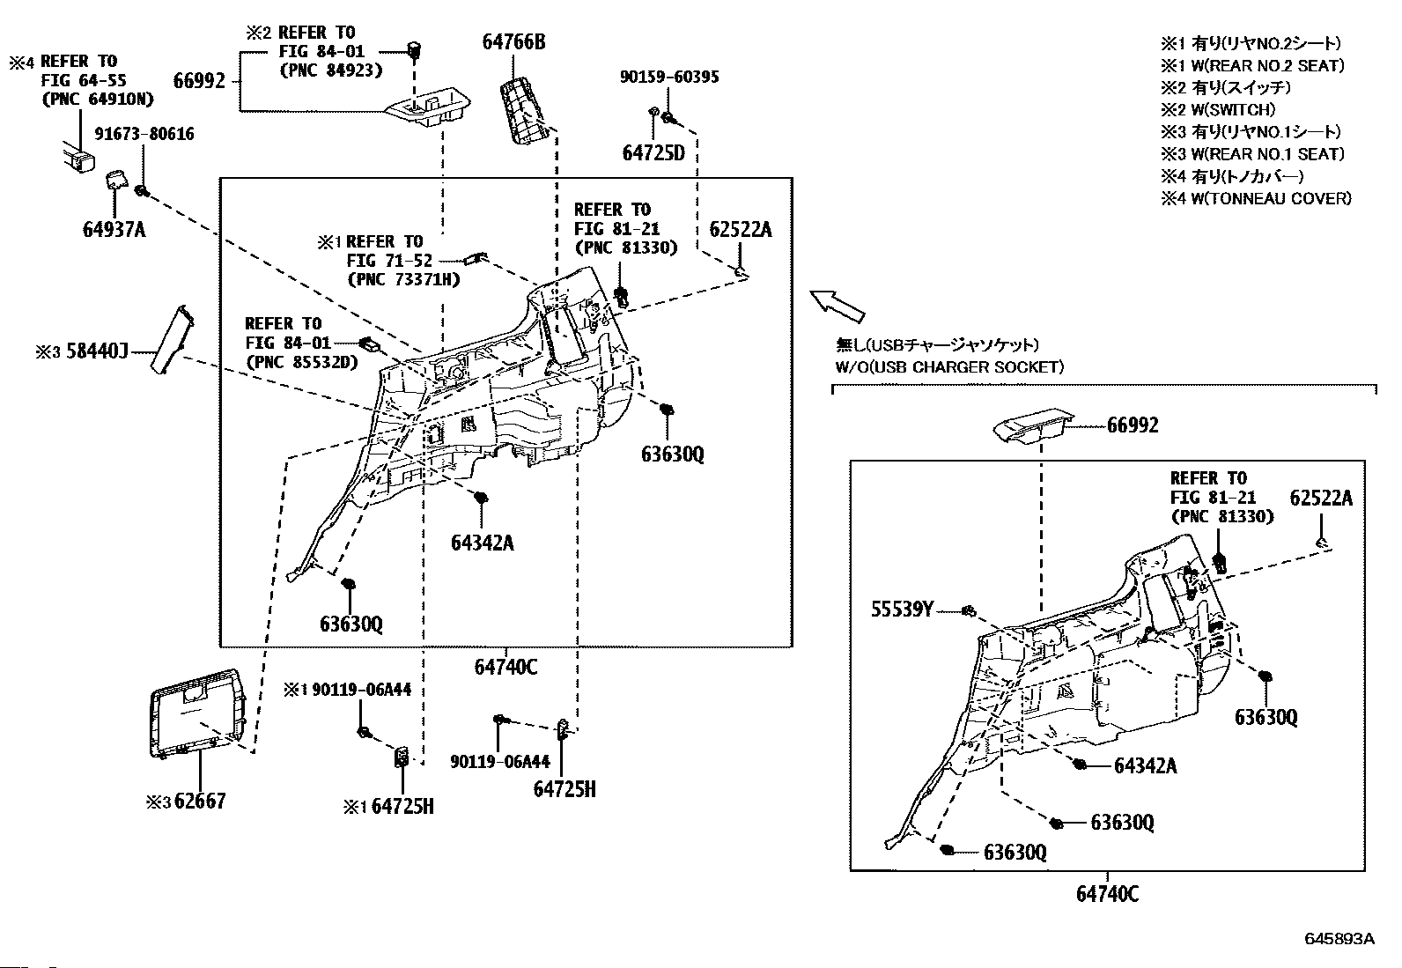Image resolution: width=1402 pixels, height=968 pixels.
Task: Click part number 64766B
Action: (513, 41)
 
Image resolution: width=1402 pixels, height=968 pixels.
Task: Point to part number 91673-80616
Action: (144, 134)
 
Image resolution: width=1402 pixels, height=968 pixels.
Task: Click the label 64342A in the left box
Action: (482, 542)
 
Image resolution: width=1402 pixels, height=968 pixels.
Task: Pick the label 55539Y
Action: (903, 609)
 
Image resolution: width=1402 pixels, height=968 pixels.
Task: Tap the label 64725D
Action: (653, 152)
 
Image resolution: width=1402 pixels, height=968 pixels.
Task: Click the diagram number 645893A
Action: (1339, 938)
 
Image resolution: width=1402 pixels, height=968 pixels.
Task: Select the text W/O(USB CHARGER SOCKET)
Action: (949, 366)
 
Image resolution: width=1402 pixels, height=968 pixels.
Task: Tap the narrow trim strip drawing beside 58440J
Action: (168, 338)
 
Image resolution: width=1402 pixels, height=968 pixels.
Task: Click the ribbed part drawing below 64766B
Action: (528, 107)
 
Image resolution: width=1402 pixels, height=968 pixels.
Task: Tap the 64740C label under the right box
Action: (1107, 894)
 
